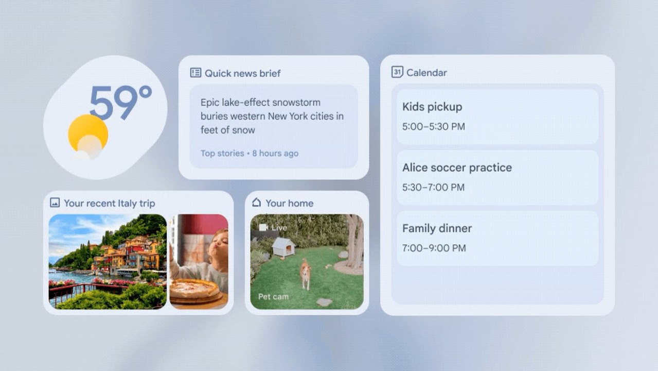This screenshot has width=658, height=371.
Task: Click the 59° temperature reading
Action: (120, 103)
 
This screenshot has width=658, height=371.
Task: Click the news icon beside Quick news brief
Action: (195, 73)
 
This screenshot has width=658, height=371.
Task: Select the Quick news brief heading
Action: (242, 73)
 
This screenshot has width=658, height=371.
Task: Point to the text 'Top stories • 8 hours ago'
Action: (250, 153)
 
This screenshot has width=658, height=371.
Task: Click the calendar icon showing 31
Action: (397, 72)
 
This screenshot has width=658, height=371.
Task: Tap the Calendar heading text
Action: (426, 73)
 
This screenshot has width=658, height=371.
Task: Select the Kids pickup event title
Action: (432, 107)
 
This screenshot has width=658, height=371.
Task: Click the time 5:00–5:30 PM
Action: (434, 127)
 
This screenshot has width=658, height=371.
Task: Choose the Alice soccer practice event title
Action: (457, 167)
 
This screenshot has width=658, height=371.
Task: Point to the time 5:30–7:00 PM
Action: (433, 187)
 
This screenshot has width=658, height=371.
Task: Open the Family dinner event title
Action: (437, 228)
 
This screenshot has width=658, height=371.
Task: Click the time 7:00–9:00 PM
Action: (434, 248)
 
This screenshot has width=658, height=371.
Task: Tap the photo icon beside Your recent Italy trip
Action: (55, 203)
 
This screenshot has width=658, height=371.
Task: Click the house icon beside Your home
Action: (256, 203)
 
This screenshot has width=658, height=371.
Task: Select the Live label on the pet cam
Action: (279, 228)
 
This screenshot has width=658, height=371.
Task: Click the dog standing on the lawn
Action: (306, 274)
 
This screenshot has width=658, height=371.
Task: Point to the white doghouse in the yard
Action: (283, 248)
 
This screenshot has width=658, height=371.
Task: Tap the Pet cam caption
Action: (273, 297)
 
